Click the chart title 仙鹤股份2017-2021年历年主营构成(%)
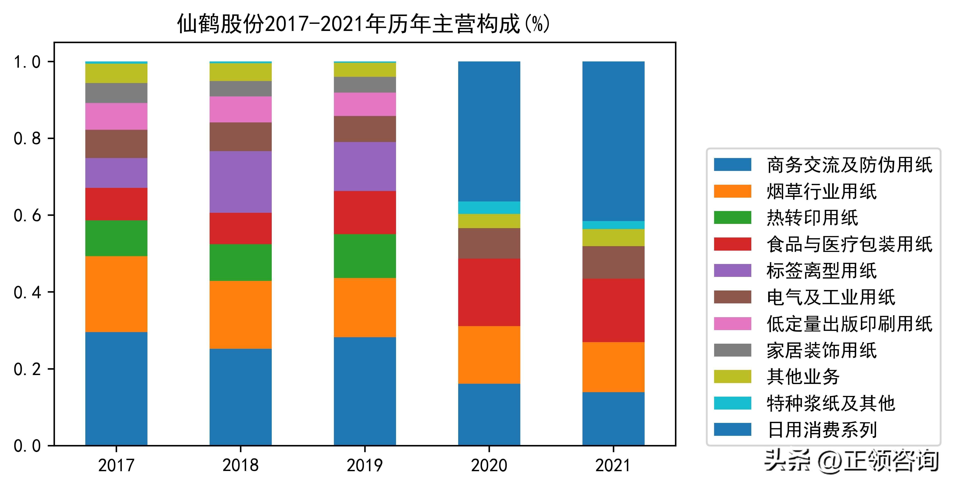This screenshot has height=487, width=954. tap(364, 24)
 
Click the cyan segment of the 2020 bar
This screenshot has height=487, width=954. tap(489, 208)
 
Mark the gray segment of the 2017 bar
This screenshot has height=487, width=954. tap(116, 93)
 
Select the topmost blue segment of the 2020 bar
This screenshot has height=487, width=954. tap(489, 131)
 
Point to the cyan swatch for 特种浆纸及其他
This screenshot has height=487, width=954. tap(733, 403)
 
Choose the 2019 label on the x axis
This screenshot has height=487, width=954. tap(365, 465)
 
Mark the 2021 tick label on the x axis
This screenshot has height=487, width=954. tap(613, 465)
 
